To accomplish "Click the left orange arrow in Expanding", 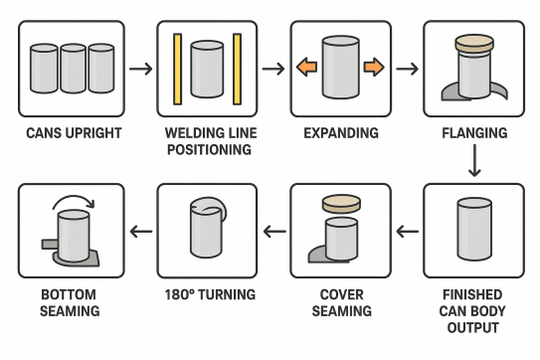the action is click(306, 67).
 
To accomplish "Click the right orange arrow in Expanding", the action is click(374, 67).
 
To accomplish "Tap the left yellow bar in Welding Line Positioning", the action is click(177, 69).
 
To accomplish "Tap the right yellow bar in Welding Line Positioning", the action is click(237, 69).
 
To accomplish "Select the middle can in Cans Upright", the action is click(73, 69).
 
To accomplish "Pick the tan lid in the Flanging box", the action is click(474, 43).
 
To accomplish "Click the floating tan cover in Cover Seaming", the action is click(341, 204).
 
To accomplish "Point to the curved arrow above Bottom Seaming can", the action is click(74, 201).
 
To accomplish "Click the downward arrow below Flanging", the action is click(474, 160).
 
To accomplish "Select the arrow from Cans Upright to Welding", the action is click(141, 69).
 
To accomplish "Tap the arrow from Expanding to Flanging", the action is click(407, 69).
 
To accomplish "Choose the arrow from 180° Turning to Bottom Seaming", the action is click(141, 231).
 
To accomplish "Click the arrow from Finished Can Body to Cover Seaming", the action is click(408, 231).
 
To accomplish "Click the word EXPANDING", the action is click(341, 133).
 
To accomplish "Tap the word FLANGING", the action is click(474, 133).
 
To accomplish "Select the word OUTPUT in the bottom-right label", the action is click(473, 327).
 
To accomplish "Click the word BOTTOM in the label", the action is click(69, 294).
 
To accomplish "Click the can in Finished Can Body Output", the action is click(474, 229).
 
